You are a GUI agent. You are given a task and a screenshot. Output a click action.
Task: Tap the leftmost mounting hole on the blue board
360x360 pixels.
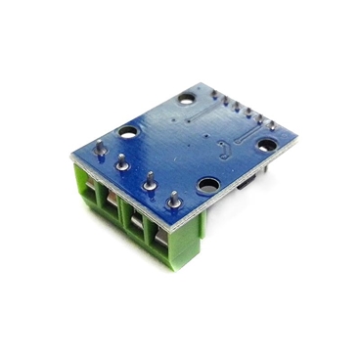127,130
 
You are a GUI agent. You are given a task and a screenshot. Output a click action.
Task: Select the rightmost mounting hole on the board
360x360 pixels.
265,143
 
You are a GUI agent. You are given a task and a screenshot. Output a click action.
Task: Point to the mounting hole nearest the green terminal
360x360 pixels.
206,183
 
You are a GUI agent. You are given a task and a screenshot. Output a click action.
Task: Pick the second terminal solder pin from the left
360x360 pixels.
122,163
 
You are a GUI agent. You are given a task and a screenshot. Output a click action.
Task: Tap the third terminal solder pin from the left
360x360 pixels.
150,181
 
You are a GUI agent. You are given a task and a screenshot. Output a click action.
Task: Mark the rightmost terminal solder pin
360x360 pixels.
173,199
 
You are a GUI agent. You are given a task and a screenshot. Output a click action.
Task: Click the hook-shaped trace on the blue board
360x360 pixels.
227,150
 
